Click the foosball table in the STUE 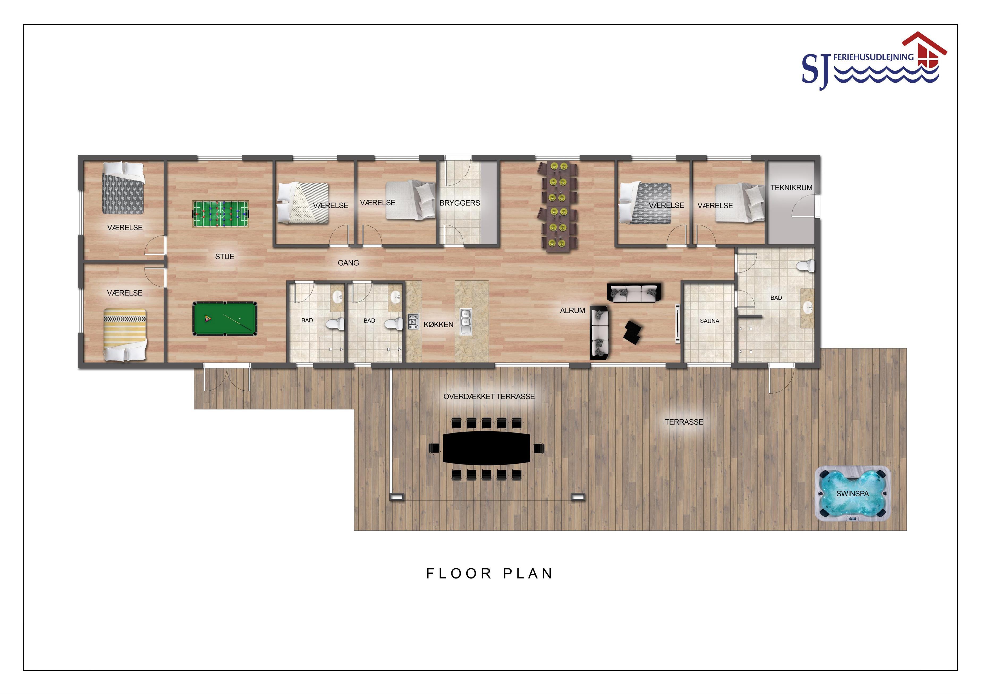point(221,214)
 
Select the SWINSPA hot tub point(852,493)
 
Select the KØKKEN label point(438,325)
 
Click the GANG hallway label point(348,263)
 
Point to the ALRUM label point(572,311)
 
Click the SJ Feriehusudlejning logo point(874,61)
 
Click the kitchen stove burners point(413,322)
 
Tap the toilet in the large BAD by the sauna point(806,266)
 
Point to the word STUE point(225,257)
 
